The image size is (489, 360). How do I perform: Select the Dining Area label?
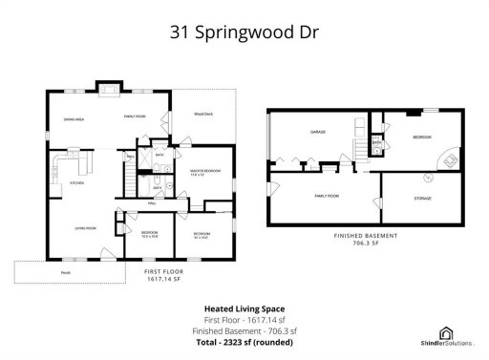pyautogui.click(x=74, y=120)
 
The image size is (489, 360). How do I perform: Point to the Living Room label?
pyautogui.click(x=88, y=228)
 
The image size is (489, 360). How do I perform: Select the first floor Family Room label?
pyautogui.click(x=133, y=116)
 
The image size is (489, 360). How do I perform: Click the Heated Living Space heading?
pyautogui.click(x=244, y=308)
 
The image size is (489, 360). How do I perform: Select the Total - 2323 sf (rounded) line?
pyautogui.click(x=244, y=341)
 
